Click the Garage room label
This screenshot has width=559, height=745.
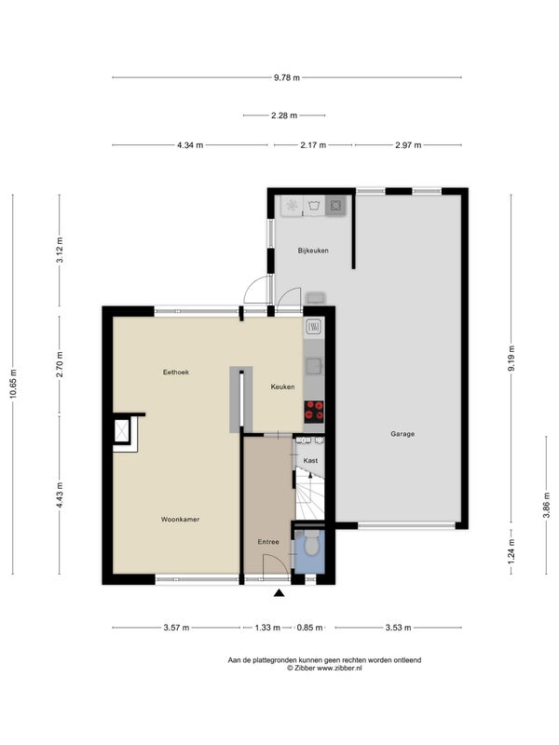point(402,434)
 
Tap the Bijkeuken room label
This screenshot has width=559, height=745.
point(313,251)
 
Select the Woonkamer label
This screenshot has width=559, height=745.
point(180,520)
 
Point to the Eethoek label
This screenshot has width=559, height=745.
point(176,372)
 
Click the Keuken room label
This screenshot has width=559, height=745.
point(283,386)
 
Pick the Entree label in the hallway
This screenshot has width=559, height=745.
point(268,542)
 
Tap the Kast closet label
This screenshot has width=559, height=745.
point(310,460)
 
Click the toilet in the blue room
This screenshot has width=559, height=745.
point(311,544)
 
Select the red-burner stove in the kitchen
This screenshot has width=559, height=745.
point(314,412)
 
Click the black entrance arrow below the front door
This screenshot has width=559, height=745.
point(279,592)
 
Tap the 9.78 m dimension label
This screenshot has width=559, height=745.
point(287,77)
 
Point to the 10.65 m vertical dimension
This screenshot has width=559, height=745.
point(13,384)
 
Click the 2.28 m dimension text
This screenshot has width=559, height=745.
point(284,115)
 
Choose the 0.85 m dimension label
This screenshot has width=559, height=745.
point(309,628)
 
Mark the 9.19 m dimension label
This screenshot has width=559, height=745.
point(511,359)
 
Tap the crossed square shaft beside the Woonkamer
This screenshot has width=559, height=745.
point(122,431)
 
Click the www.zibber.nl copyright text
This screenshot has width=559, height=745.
point(324,668)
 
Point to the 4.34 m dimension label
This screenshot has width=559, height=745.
point(190,145)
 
